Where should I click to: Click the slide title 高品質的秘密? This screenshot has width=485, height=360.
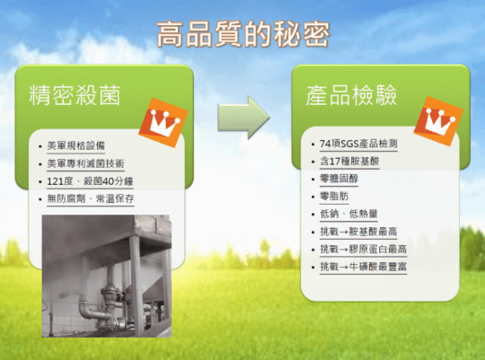243,34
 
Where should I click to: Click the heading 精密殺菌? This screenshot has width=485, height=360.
75,94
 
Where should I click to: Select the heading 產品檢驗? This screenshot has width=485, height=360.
351,94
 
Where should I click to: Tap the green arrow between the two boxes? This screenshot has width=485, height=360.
243,118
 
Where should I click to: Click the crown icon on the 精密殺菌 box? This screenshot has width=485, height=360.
163,122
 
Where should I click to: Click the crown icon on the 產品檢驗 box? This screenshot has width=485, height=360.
438,121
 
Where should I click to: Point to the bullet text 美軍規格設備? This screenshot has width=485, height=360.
75,145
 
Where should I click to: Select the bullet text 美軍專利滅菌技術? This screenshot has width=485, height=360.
85,163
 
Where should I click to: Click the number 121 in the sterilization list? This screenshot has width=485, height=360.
55,181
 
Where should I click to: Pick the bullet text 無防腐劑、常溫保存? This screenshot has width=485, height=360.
91,198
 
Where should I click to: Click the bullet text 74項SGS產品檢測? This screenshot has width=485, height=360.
358,144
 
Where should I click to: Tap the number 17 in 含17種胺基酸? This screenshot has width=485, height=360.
335,161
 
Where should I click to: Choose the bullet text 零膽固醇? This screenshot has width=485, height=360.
339,179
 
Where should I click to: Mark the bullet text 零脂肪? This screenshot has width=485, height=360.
334,196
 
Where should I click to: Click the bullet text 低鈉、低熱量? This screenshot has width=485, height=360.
348,214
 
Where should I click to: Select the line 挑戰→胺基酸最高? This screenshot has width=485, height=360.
358,232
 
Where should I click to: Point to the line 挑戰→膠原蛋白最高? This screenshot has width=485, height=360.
363,249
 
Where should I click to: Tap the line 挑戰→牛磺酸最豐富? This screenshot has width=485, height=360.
363,267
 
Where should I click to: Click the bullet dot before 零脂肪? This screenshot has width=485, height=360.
313,197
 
